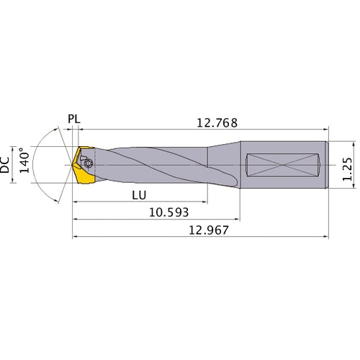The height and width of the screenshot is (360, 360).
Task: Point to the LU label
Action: coord(141,195)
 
